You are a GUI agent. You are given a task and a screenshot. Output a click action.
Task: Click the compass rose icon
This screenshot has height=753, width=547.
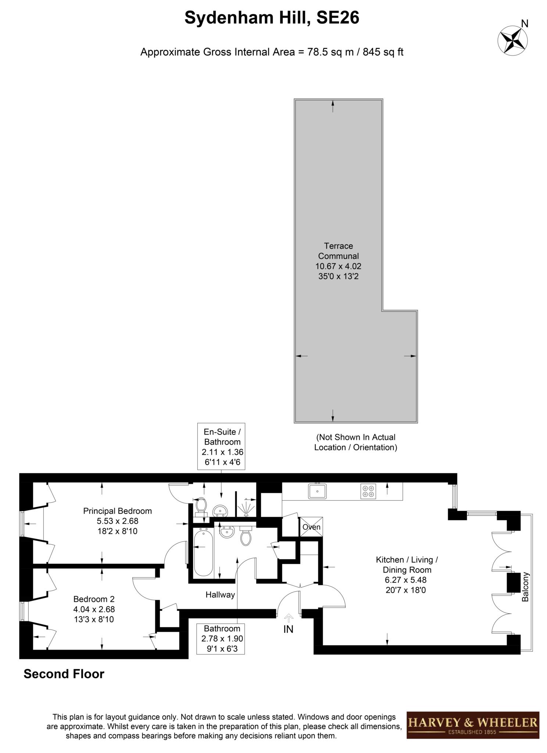pyautogui.click(x=512, y=40)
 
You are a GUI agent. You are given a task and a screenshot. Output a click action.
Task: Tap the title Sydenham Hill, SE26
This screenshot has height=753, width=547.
pyautogui.click(x=272, y=18)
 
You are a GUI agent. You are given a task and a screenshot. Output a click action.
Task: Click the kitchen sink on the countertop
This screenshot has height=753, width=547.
pyautogui.click(x=317, y=491)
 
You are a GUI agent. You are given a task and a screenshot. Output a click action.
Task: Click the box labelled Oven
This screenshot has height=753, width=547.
pyautogui.click(x=311, y=527)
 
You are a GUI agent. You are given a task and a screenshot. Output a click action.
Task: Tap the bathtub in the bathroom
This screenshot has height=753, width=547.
pyautogui.click(x=203, y=552)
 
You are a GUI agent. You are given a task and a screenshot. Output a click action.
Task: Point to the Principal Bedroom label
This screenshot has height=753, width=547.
pyautogui.click(x=117, y=511)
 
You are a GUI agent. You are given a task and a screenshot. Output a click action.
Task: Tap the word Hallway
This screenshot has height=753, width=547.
pyautogui.click(x=220, y=595)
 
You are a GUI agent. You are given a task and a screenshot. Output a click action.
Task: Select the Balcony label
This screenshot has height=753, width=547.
pyautogui.click(x=525, y=586)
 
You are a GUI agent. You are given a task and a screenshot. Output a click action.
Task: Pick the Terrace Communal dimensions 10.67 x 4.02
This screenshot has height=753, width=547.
pyautogui.click(x=338, y=266)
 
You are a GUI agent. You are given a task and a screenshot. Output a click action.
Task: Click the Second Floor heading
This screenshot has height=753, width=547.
pyautogui.click(x=64, y=674)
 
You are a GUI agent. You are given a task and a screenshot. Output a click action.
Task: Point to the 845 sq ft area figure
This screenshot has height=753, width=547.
pyautogui.click(x=383, y=52)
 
